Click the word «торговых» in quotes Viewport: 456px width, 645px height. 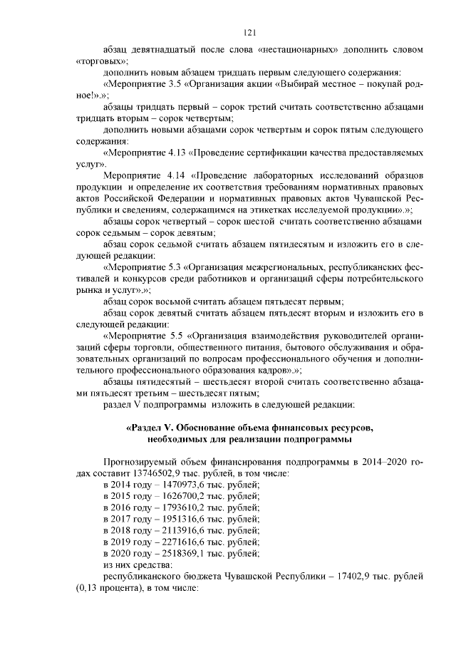(98, 62)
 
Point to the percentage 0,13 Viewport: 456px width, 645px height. (89, 588)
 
